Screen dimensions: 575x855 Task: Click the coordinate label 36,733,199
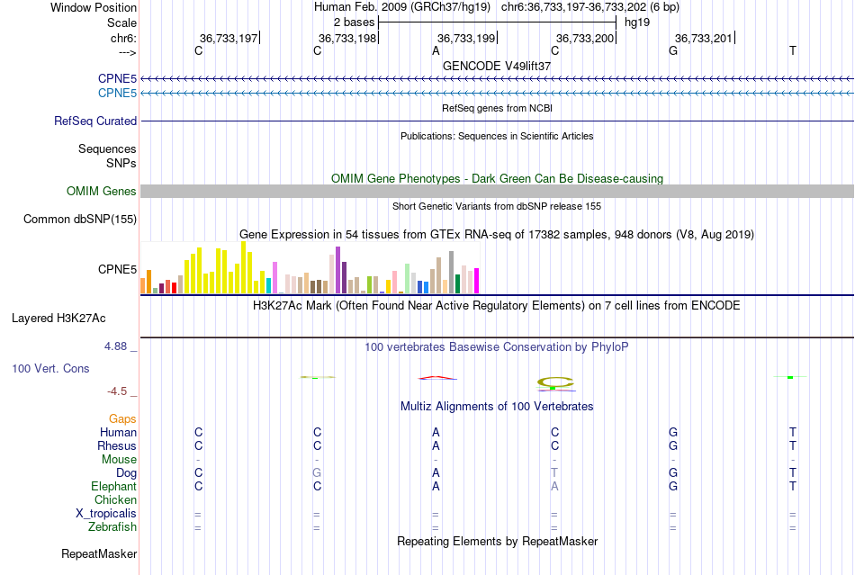[x=465, y=38]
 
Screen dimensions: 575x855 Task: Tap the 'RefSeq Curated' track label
[x=95, y=121]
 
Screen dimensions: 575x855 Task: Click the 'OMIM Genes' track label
[x=102, y=191]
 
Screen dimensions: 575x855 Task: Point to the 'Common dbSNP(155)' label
[x=80, y=219]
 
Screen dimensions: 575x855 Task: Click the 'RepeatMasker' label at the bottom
[x=99, y=553]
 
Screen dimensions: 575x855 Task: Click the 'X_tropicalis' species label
[x=106, y=513]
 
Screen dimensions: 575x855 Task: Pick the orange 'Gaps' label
[x=122, y=418]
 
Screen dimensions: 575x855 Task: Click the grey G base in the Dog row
[x=316, y=472]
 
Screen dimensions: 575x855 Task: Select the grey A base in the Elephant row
[x=554, y=486]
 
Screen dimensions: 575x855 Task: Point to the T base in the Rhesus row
[x=792, y=445]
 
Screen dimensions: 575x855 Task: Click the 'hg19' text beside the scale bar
[x=636, y=21]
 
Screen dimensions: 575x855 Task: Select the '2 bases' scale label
[x=353, y=21]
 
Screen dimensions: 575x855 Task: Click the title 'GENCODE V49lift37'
[x=497, y=66]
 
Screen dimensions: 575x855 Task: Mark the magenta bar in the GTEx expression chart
[x=476, y=281]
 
